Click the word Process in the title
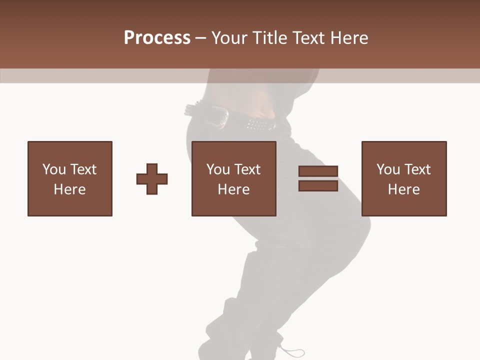[157, 38]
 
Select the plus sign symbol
[152, 179]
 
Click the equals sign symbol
[318, 178]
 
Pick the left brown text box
[70, 178]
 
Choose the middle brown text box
[234, 178]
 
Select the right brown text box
[404, 178]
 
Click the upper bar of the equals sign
[318, 171]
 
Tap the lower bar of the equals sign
[318, 185]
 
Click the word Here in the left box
[70, 189]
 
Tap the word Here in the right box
[404, 189]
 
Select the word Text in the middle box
[247, 169]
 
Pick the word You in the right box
[388, 169]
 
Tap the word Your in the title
[229, 38]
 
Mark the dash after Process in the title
[200, 38]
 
